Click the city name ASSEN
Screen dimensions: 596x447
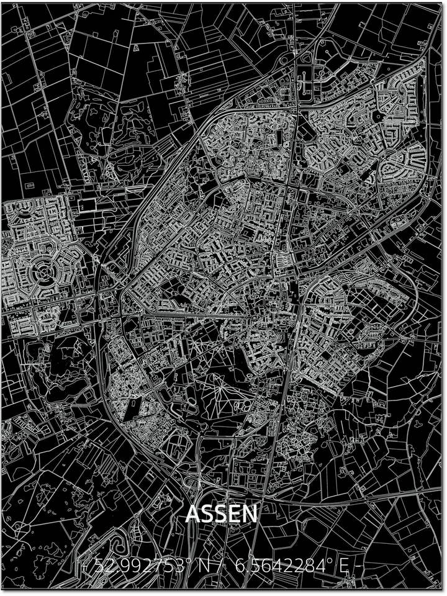coord(221,513)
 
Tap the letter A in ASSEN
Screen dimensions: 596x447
coord(192,513)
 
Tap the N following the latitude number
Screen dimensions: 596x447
coord(203,566)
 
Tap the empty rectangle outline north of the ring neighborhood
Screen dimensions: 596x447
coord(88,205)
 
